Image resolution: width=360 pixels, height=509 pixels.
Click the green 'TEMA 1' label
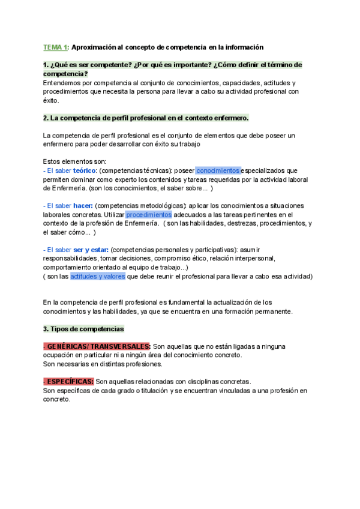pyautogui.click(x=55, y=47)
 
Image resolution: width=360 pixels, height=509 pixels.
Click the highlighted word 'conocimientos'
pyautogui.click(x=218, y=170)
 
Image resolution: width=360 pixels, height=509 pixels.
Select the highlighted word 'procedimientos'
pyautogui.click(x=149, y=214)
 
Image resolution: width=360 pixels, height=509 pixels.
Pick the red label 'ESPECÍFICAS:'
pyautogui.click(x=68, y=382)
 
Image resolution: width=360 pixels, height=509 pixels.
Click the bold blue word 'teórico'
pyautogui.click(x=84, y=170)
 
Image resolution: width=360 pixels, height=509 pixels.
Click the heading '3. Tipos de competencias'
pyautogui.click(x=83, y=329)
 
